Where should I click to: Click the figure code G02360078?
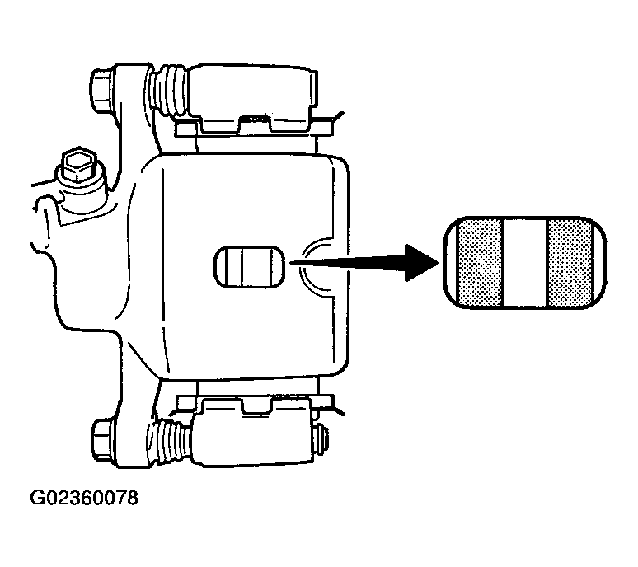84,498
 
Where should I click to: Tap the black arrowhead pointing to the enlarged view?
421,262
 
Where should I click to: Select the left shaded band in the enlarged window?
480,262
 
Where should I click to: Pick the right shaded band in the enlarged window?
570,262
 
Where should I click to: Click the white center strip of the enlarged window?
525,262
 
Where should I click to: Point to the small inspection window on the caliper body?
249,267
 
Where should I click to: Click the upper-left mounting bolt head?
101,91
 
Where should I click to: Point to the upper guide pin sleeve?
252,91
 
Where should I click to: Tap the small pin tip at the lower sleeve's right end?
321,440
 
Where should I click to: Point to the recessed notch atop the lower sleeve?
256,406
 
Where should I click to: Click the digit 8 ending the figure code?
132,498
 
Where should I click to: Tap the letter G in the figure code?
37,498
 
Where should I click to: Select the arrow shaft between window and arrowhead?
348,262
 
